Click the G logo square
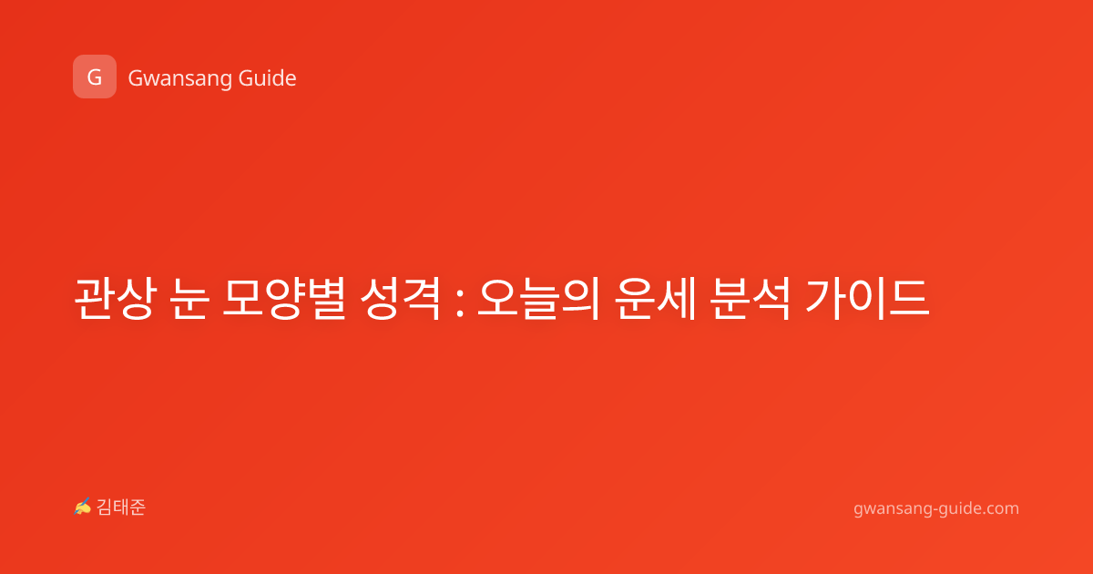pyautogui.click(x=95, y=77)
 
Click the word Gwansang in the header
pyautogui.click(x=179, y=78)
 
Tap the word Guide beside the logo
pyautogui.click(x=268, y=77)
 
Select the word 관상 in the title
pyautogui.click(x=115, y=298)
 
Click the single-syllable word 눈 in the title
pyautogui.click(x=189, y=298)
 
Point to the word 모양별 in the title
pyautogui.click(x=284, y=298)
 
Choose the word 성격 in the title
pyautogui.click(x=400, y=298)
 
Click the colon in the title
pyautogui.click(x=459, y=303)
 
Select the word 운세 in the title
pyautogui.click(x=654, y=298)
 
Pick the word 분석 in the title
pyautogui.click(x=750, y=298)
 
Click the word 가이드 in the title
pyautogui.click(x=866, y=298)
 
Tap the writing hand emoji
pyautogui.click(x=83, y=507)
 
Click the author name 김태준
pyautogui.click(x=121, y=507)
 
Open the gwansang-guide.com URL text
pyautogui.click(x=936, y=508)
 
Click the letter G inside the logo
pyautogui.click(x=95, y=77)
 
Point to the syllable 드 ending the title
pyautogui.click(x=910, y=298)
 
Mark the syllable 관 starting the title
pyautogui.click(x=94, y=298)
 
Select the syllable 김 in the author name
pyautogui.click(x=105, y=507)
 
